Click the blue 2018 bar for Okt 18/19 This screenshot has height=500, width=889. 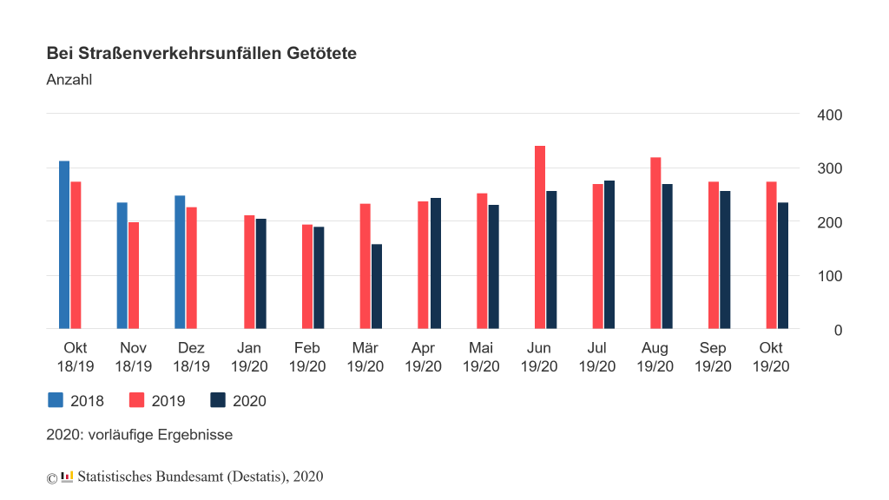coord(64,245)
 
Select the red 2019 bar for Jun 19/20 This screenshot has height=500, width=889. coord(539,237)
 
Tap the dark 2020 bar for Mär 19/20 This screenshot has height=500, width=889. coord(377,286)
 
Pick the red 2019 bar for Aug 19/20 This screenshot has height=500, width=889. coord(655,243)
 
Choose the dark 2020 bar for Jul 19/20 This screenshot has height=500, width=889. coord(609,254)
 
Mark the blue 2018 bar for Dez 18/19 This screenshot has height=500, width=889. coord(180,262)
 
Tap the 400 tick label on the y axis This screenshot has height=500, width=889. coord(830,115)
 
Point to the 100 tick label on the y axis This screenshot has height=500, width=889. coord(830,276)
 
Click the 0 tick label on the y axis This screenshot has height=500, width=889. coord(839,330)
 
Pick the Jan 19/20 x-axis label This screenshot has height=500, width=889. coord(249,358)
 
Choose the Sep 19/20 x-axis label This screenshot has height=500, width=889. coord(713,358)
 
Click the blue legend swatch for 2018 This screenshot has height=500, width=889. coord(55,400)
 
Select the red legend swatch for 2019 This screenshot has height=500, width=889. coord(136,400)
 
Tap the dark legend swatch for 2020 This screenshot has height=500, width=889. coord(218,400)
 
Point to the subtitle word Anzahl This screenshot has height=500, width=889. coord(69,80)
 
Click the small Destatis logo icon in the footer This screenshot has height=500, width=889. coord(67,476)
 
